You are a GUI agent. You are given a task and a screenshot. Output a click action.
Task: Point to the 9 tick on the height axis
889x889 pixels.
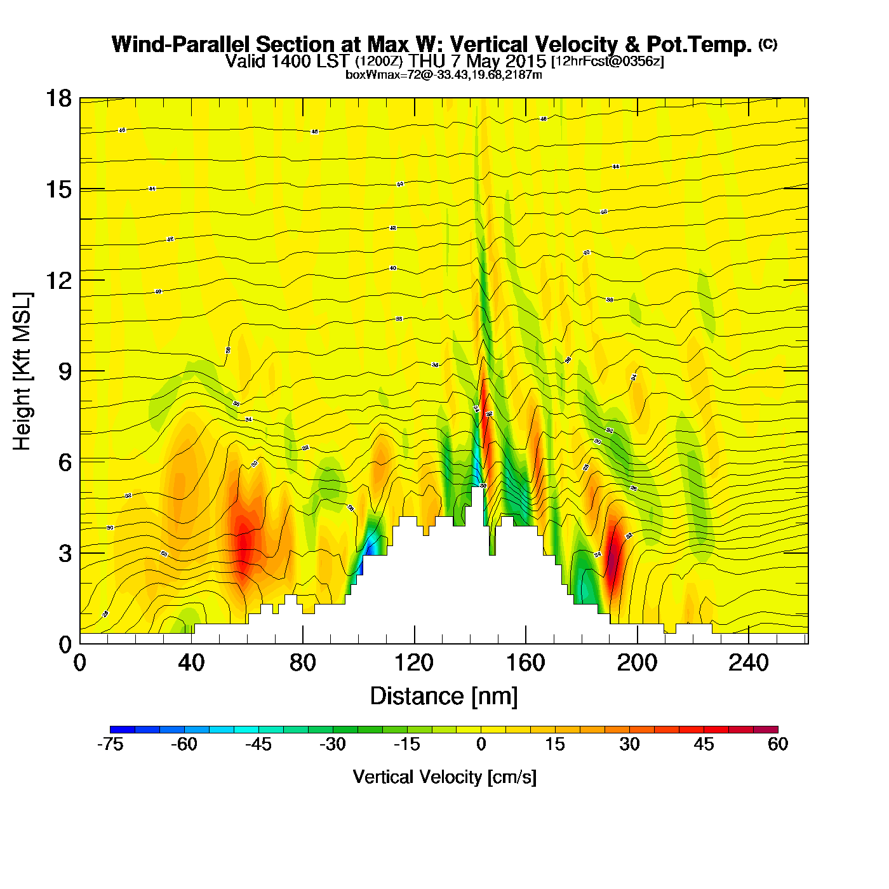click(x=65, y=371)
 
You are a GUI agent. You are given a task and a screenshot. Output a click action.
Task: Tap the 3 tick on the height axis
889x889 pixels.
click(x=65, y=554)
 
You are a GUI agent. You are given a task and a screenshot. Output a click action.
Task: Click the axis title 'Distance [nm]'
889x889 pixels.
click(x=444, y=697)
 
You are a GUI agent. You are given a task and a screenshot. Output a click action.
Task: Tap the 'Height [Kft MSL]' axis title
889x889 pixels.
click(x=22, y=371)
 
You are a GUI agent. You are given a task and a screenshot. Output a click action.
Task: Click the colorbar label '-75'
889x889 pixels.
click(x=110, y=744)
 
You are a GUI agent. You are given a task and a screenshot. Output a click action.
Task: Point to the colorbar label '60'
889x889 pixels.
click(x=778, y=744)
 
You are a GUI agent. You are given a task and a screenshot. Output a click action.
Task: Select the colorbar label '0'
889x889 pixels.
click(x=481, y=744)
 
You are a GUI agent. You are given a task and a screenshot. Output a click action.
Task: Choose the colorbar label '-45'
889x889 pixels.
click(x=258, y=744)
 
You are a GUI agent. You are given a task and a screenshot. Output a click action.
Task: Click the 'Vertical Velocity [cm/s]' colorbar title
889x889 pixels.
click(x=444, y=777)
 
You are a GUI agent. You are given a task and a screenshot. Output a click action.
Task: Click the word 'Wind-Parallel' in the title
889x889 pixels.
click(x=182, y=44)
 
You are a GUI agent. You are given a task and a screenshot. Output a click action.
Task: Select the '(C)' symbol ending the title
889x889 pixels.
click(x=768, y=44)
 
